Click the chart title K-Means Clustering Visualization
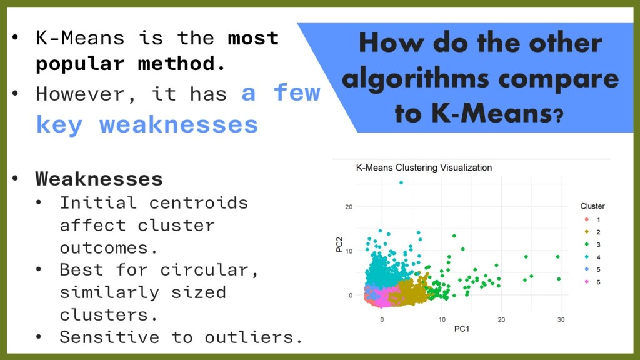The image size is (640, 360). tap(424, 167)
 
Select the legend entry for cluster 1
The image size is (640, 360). tap(592, 220)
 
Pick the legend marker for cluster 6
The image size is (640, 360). tap(586, 282)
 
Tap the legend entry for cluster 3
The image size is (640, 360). tap(592, 245)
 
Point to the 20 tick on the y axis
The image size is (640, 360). tap(349, 207)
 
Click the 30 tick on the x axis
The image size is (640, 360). tap(561, 320)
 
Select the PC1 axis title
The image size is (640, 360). tap(462, 329)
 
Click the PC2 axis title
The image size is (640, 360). tap(339, 244)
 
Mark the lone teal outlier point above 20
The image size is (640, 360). tap(401, 183)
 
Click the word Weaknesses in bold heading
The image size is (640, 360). tap(99, 179)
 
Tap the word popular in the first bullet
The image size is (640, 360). tap(80, 64)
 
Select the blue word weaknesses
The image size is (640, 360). tap(179, 124)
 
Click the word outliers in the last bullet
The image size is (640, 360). tap(254, 337)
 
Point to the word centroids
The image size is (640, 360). tap(198, 203)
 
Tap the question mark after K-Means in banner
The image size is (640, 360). tap(558, 116)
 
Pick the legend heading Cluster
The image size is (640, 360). tap(592, 206)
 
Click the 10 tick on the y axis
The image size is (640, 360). tap(349, 251)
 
